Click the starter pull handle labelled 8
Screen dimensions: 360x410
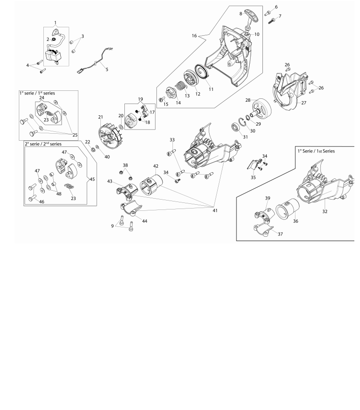click(x=251, y=16)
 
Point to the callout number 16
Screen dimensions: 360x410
click(x=194, y=36)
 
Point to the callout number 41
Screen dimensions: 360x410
click(x=215, y=210)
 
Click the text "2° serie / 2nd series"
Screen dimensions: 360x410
click(x=43, y=144)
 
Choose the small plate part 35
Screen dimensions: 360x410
click(x=252, y=165)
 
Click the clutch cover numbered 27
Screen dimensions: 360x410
click(x=288, y=91)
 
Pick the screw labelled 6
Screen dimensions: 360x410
click(x=268, y=13)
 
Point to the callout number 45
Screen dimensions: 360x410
click(x=92, y=179)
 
